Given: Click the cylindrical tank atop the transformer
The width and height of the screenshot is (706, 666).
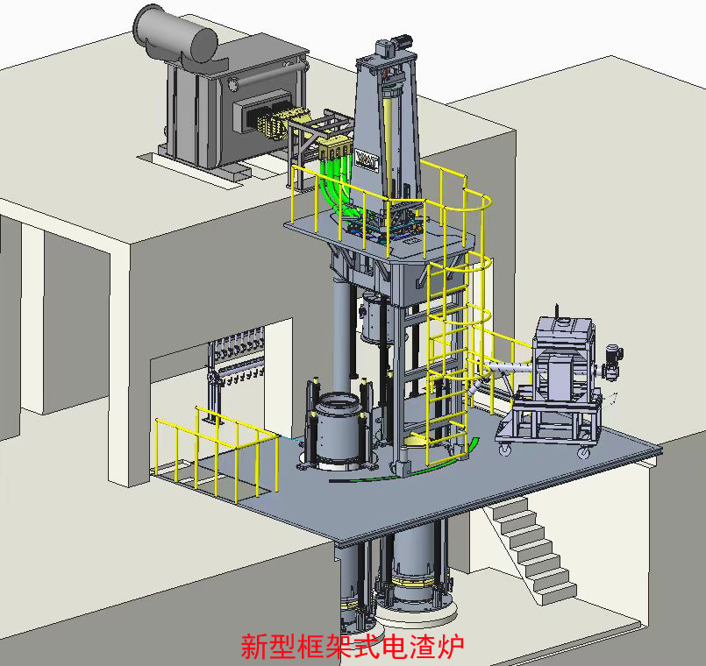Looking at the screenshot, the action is (175, 34).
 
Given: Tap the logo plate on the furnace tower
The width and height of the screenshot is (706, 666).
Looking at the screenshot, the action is (367, 159).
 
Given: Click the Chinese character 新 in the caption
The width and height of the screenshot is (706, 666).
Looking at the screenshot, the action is (255, 647).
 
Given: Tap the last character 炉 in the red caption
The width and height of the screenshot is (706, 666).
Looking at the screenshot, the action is (449, 647).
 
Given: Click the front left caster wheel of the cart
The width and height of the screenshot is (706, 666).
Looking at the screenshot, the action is (503, 449).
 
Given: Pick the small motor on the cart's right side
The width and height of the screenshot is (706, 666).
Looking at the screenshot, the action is (612, 361).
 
